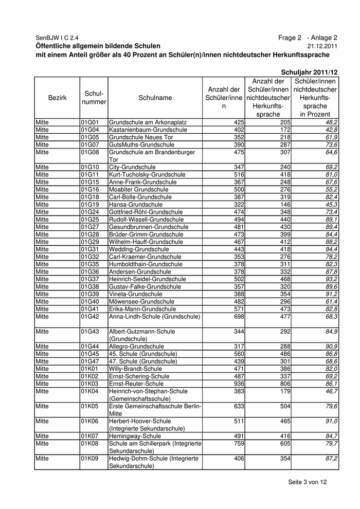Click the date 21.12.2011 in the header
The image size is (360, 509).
coord(323,46)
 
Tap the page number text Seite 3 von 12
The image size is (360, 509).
coord(307,482)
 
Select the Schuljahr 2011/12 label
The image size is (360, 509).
coord(310,73)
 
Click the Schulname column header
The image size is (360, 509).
coord(155,98)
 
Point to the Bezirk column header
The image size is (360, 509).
coord(57,98)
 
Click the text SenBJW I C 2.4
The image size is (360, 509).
coord(57,38)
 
